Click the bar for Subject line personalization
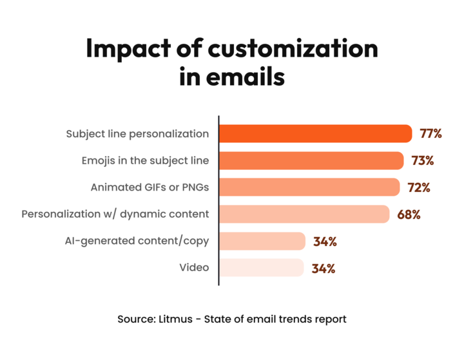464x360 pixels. point(315,134)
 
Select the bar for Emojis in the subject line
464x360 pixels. point(311,160)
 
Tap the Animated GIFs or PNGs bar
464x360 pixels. point(309,187)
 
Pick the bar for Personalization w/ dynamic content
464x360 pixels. point(304,214)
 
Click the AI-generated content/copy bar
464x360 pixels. point(262,241)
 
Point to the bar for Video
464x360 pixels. point(261,267)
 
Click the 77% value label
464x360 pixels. point(430,134)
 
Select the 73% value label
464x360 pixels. point(422,160)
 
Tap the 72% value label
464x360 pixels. point(419,187)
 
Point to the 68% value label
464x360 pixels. point(409,214)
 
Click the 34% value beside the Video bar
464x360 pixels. point(324,268)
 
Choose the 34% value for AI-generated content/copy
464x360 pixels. point(325,242)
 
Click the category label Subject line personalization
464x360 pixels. point(138,134)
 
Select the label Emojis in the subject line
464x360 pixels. point(146,160)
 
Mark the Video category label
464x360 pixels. point(195,267)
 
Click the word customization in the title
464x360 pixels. point(280,50)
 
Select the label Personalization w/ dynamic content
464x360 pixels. point(115,214)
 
